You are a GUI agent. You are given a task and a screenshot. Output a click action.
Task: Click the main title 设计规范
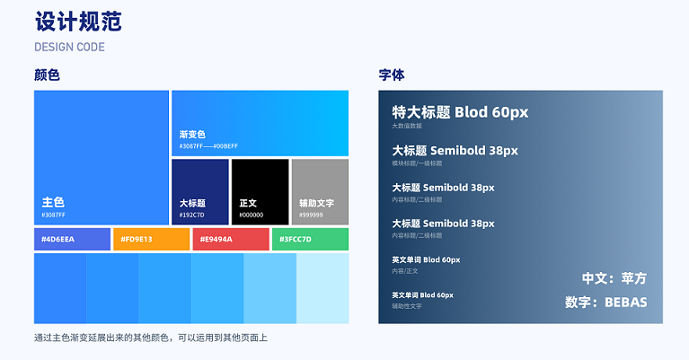tap(78, 22)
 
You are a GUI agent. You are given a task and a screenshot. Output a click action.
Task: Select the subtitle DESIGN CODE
tap(69, 47)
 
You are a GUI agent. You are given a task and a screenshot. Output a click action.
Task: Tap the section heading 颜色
tap(47, 75)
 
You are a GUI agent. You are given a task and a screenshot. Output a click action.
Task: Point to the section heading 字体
tap(392, 75)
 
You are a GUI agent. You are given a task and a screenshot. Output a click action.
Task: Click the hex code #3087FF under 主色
tap(54, 215)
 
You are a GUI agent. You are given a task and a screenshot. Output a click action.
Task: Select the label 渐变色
tap(192, 134)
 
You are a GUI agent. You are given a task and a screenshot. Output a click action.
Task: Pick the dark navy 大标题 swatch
tap(199, 191)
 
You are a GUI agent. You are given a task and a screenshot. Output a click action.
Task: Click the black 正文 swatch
tap(260, 191)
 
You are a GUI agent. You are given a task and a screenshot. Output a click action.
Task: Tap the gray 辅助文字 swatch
tap(320, 191)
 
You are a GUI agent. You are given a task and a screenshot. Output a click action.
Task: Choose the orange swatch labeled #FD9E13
tap(151, 239)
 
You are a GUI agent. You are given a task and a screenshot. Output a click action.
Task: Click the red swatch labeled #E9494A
tap(230, 239)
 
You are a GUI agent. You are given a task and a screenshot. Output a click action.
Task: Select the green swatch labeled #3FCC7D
tap(309, 239)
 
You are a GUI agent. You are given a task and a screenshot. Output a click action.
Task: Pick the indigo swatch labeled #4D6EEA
tap(72, 239)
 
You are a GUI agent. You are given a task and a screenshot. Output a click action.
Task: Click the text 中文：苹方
tap(614, 278)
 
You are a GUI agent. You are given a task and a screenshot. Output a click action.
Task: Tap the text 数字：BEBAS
tap(606, 303)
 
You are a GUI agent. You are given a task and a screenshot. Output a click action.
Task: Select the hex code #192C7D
tap(192, 215)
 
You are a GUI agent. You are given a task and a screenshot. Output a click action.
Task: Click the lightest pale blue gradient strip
tap(322, 288)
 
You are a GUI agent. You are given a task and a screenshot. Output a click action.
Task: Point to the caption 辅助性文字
tap(407, 306)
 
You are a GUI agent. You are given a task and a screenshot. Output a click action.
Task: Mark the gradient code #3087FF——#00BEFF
tap(208, 145)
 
